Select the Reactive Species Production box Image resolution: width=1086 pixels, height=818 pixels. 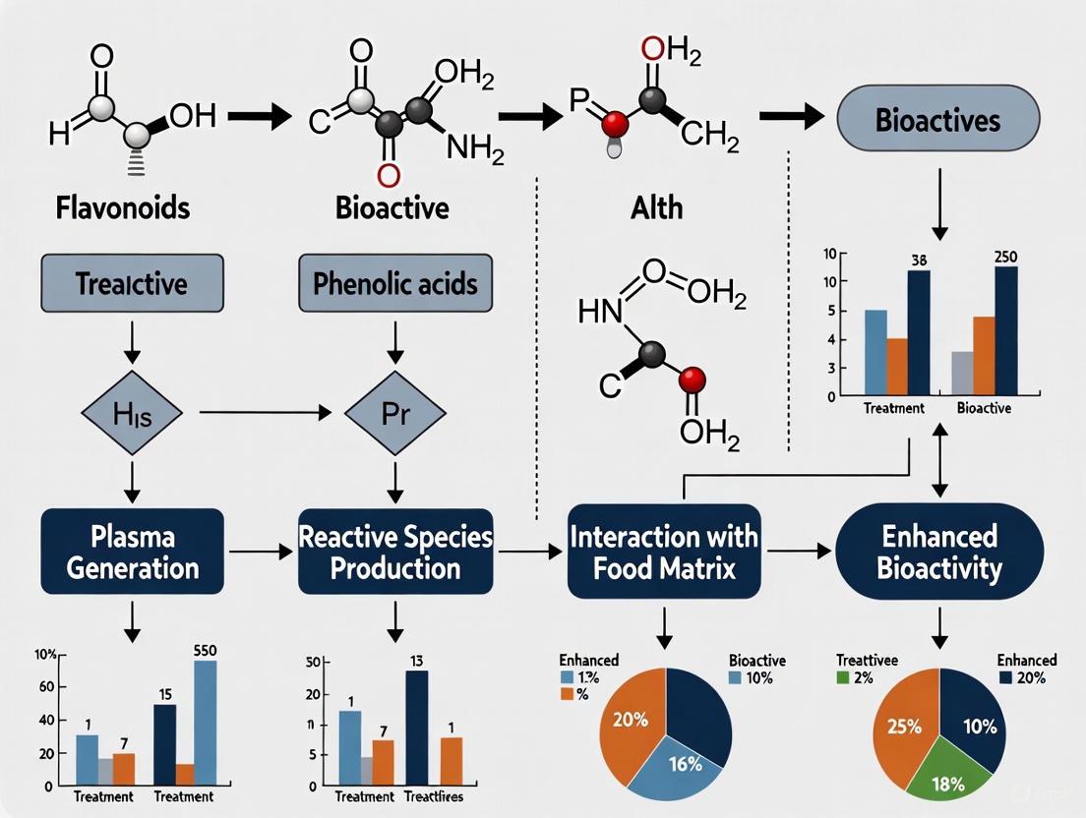pos(395,552)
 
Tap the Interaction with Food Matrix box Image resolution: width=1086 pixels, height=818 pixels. pos(664,552)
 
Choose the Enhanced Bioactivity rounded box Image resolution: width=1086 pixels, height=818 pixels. pos(939,552)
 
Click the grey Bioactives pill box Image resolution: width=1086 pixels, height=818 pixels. pos(937,122)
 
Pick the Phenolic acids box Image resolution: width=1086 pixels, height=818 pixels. pos(394,285)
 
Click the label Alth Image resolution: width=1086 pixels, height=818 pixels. pos(656,207)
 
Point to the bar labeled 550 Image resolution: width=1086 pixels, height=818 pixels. pos(206,721)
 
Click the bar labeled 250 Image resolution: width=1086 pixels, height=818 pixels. pos(1006,329)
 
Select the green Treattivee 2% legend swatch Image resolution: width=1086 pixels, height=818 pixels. pos(842,677)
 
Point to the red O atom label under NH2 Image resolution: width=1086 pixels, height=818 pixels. pos(389,174)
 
